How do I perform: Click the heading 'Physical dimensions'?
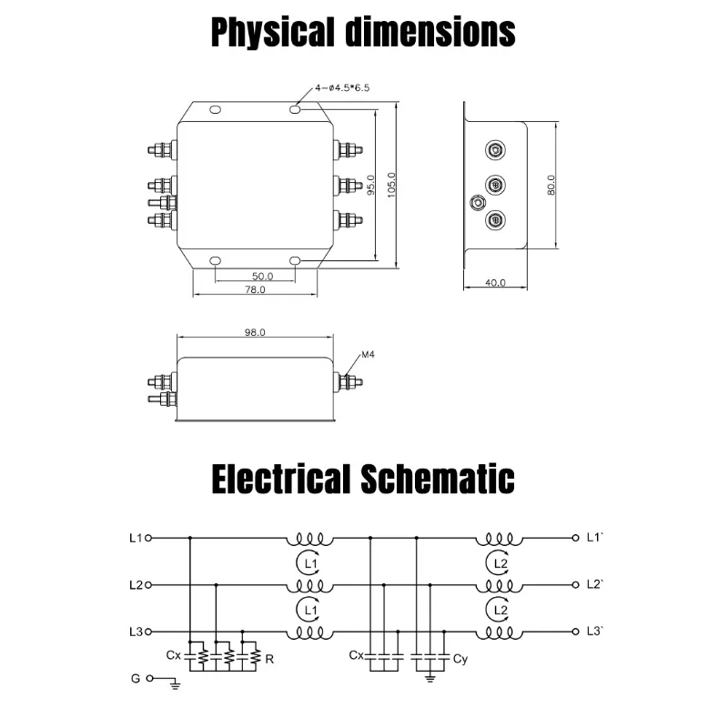pos(363,33)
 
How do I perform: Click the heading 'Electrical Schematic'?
pos(363,478)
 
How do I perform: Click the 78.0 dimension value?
pos(255,290)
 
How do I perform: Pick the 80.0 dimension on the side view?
pos(551,185)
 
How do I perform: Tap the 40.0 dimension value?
pos(495,283)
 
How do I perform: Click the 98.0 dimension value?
pos(255,333)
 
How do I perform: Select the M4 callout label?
pos(369,354)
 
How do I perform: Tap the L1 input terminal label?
pos(136,538)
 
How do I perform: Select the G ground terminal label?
pos(136,679)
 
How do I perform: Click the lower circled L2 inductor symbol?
pos(498,609)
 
